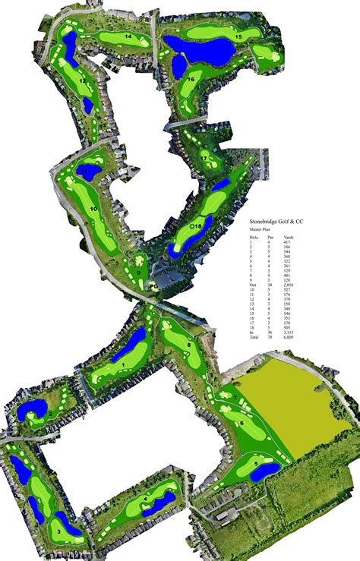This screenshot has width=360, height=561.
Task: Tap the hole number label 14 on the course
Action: (128, 36)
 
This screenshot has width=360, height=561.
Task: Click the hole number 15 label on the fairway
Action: (238, 36)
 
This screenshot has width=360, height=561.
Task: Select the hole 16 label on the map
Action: (191, 79)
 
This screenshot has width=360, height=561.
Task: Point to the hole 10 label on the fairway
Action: (93, 208)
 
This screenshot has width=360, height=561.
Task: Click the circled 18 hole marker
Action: (197, 226)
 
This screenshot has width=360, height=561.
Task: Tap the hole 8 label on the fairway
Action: (188, 345)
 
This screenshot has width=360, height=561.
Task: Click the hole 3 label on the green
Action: (58, 531)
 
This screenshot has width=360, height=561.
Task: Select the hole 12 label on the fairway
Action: (82, 80)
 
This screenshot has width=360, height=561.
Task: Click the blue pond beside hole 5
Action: (266, 471)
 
